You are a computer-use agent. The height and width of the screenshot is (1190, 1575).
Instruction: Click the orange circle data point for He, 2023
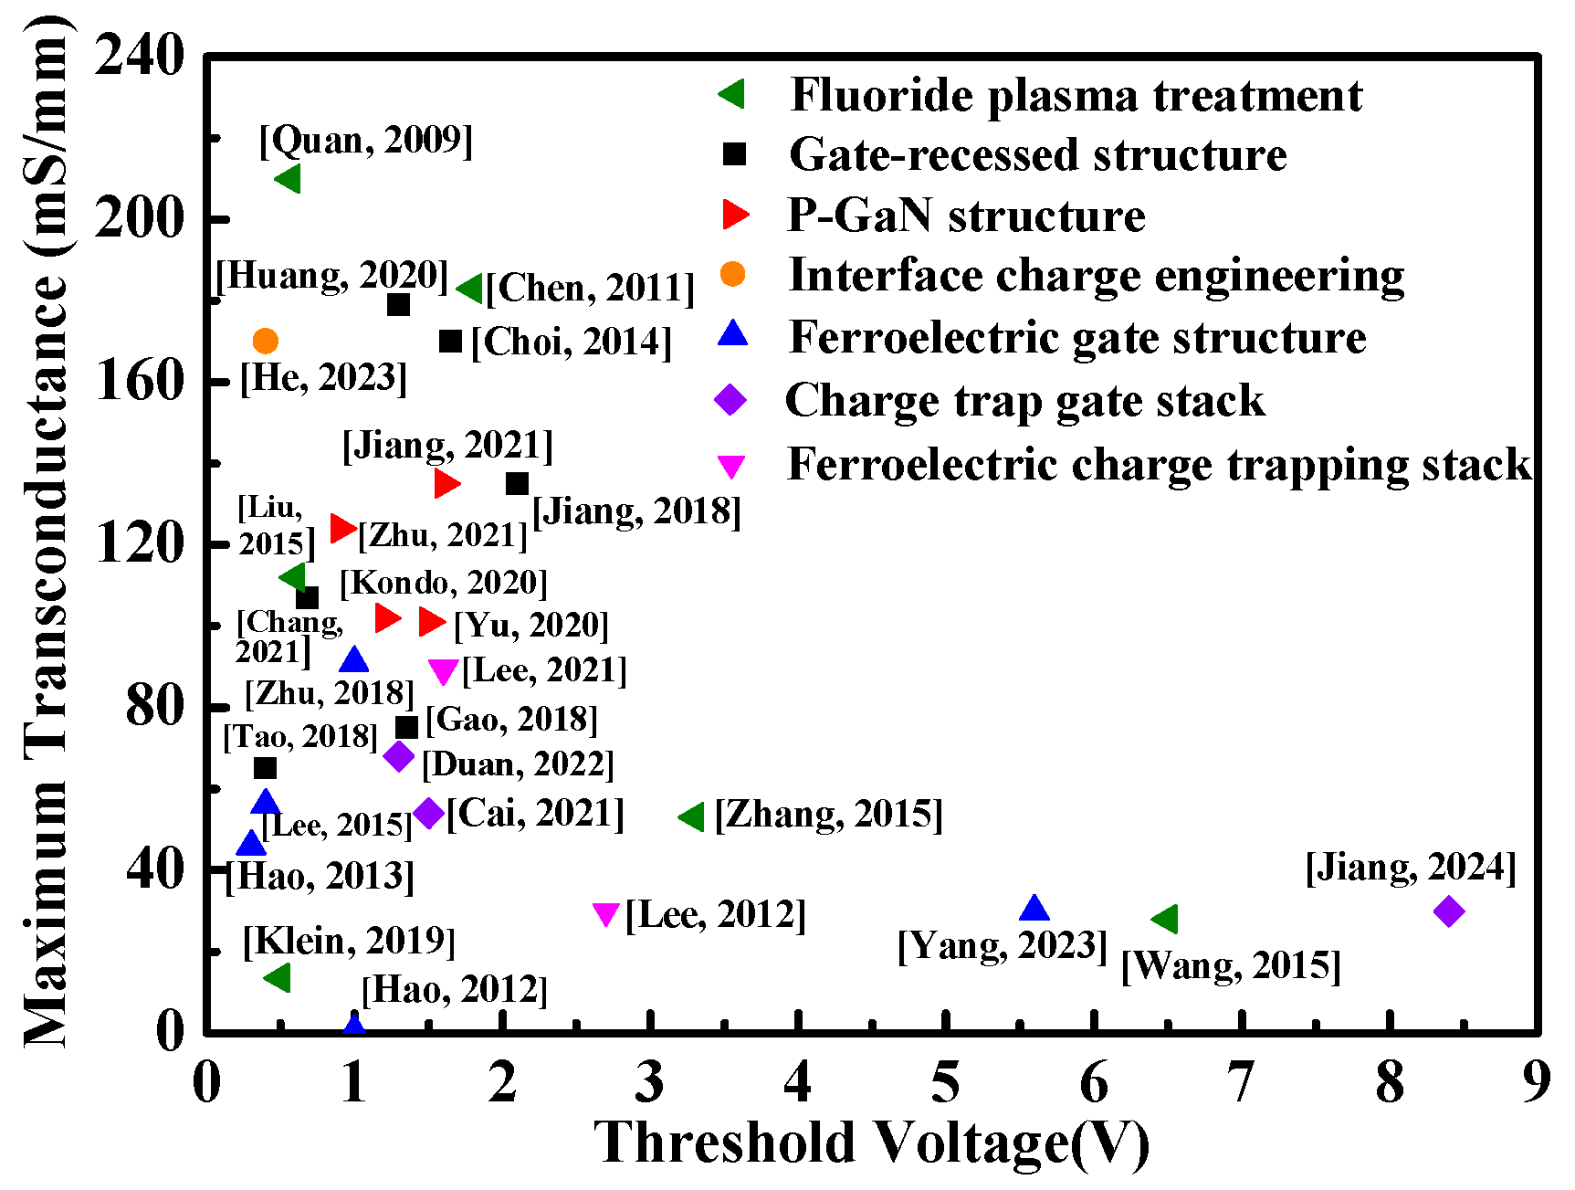coord(265,342)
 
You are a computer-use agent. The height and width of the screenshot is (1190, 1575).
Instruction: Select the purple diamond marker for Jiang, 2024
coord(1448,911)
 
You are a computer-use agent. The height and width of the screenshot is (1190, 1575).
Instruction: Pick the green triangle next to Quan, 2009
coord(289,179)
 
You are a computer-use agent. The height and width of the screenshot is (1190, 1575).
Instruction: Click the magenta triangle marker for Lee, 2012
coord(605,913)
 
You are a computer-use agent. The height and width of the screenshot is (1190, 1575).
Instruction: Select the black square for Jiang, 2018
coord(517,483)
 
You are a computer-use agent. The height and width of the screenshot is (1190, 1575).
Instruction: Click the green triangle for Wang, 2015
coord(1166,920)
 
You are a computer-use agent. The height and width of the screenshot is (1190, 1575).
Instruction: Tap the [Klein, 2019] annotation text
coord(349,941)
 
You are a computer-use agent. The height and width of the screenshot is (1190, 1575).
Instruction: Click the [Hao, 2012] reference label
coord(455,990)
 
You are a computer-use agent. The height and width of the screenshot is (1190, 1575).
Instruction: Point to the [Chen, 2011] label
coord(590,289)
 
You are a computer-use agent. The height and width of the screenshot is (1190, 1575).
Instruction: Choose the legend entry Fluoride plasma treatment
coord(1076,95)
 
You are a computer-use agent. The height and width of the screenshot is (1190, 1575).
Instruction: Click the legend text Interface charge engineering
coord(1096,275)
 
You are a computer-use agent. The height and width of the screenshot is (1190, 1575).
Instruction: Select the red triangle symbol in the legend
coord(734,215)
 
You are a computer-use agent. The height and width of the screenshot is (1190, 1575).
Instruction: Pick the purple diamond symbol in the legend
coord(730,400)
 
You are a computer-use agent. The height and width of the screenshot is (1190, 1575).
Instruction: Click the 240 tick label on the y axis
coord(140,57)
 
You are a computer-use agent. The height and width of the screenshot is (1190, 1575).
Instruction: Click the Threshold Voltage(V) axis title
coord(871,1143)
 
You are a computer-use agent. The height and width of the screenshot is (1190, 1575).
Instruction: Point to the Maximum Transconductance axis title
coord(46,530)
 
